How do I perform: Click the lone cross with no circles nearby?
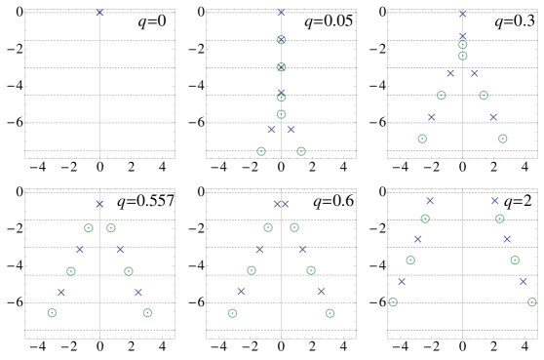99,13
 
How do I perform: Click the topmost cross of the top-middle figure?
281,13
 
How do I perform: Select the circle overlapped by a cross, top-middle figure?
281,67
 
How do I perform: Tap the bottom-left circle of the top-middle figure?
261,151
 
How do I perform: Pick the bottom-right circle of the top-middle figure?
301,151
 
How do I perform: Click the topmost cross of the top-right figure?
462,14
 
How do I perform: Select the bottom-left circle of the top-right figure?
422,139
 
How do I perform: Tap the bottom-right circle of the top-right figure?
502,139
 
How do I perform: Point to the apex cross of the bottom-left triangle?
99,204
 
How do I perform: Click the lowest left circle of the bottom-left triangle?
52,313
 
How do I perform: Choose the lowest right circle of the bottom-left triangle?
147,313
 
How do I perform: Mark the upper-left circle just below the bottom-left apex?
89,228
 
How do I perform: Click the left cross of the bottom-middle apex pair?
277,204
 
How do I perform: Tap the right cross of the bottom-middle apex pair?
286,204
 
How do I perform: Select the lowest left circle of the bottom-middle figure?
232,313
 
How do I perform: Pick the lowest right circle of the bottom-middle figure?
330,313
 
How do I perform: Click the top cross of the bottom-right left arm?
430,201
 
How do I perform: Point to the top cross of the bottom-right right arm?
494,201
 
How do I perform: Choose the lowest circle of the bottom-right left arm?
393,302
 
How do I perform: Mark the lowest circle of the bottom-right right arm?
531,302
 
